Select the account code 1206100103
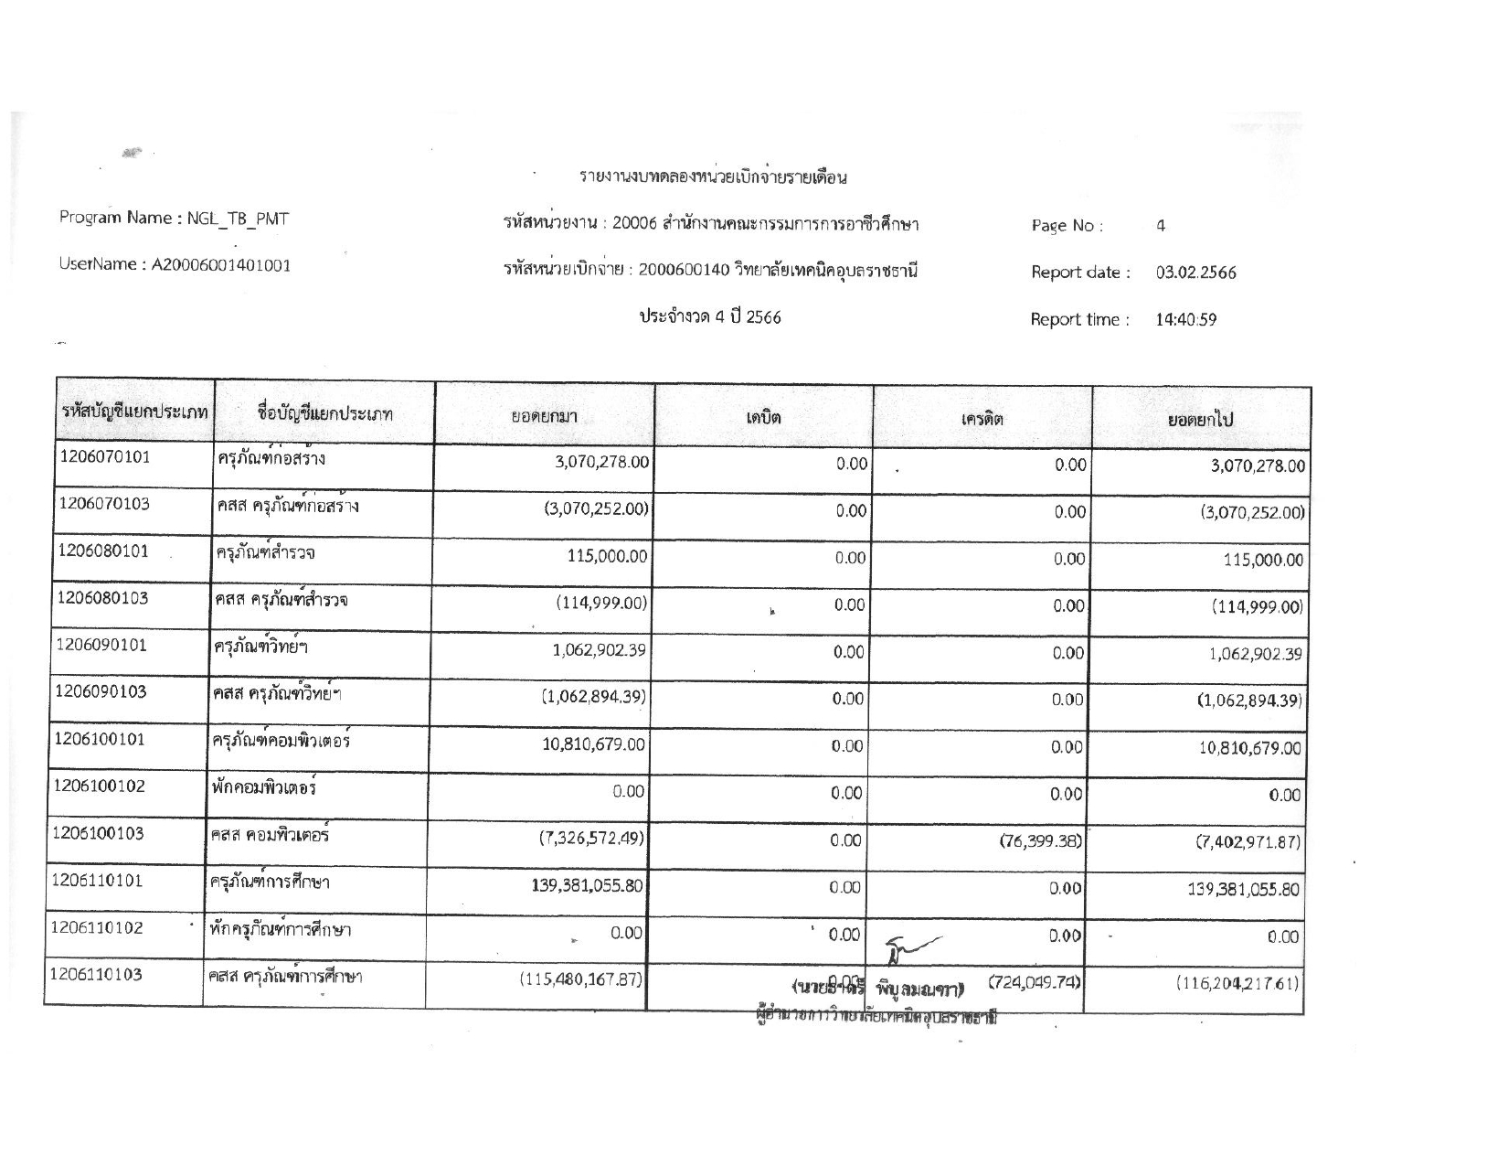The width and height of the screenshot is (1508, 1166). (100, 833)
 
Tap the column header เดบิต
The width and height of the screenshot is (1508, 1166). (763, 419)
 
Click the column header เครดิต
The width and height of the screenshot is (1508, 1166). (982, 420)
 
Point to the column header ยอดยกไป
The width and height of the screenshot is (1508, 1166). (1201, 421)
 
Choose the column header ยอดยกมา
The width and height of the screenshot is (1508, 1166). (544, 417)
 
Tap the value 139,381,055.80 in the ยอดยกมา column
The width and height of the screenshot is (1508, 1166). (587, 885)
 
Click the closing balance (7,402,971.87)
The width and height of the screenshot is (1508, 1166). (1248, 841)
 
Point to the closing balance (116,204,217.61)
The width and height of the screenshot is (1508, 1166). (1237, 984)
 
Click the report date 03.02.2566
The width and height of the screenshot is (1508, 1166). (1195, 273)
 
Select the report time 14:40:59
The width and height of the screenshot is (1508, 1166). (1185, 320)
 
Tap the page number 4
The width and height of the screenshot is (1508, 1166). (1161, 226)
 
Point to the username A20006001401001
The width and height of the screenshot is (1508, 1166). (221, 265)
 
